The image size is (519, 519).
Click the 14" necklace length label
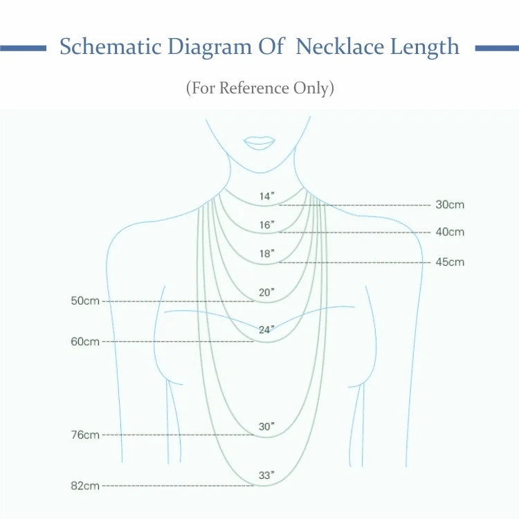point(266,197)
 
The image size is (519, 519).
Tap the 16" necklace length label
point(266,225)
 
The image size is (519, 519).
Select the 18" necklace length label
point(266,254)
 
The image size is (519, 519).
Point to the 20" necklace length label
point(266,293)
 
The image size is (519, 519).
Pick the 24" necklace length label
point(266,330)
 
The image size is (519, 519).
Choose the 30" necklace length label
point(266,427)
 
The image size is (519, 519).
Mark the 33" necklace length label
point(266,475)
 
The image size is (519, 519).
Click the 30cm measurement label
point(450,205)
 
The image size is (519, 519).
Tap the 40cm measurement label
point(450,232)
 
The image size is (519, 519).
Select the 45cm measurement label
point(450,262)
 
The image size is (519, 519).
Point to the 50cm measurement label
point(85,301)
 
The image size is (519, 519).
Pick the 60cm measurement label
point(85,342)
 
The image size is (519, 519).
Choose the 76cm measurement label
point(85,435)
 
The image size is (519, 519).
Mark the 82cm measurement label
point(85,486)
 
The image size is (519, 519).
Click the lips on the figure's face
point(259,141)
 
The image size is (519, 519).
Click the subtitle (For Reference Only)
point(259,89)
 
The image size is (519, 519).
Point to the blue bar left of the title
point(23,48)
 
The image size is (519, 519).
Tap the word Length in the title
point(425,47)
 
